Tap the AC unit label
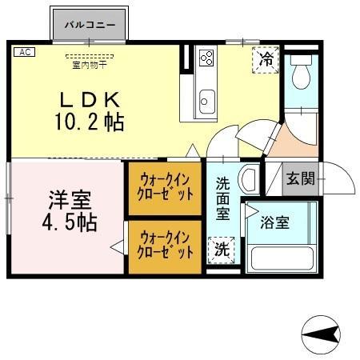(24, 52)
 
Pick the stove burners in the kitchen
(206, 58)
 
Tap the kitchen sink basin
(206, 101)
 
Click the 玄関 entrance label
(301, 178)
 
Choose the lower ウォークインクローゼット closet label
(166, 244)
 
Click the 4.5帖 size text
(69, 222)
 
